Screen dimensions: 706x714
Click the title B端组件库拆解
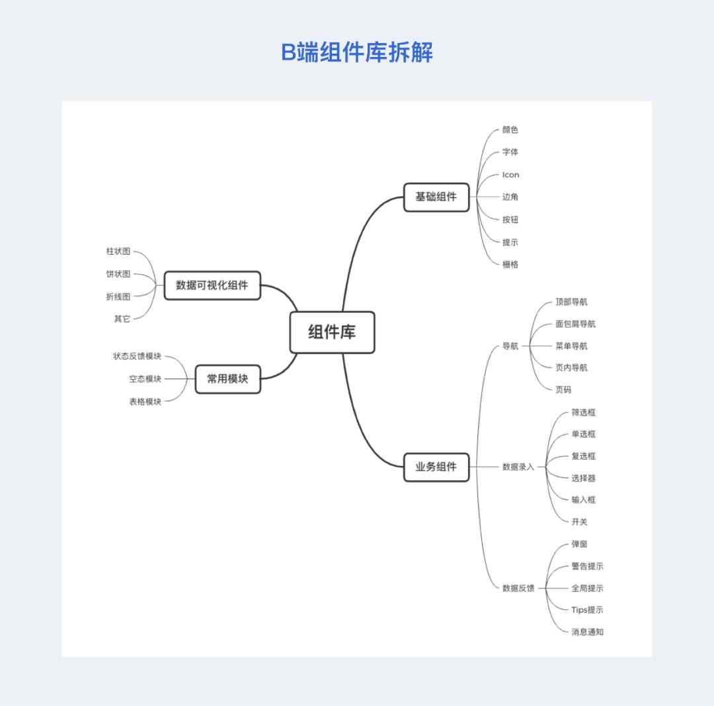(x=357, y=52)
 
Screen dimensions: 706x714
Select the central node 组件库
(x=332, y=332)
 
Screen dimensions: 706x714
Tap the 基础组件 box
(x=436, y=197)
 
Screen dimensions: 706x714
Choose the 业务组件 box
(x=436, y=467)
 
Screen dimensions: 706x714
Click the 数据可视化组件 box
(x=212, y=286)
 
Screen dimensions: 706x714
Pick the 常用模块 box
(x=227, y=379)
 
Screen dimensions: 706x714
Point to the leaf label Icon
(x=510, y=175)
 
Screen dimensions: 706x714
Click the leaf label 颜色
(x=510, y=130)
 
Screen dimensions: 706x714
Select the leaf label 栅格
(x=510, y=264)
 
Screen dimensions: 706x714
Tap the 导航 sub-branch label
(x=510, y=346)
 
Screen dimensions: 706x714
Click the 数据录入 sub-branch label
(x=518, y=467)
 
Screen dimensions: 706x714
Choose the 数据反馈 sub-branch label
(x=518, y=588)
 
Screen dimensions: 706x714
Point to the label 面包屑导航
(x=575, y=324)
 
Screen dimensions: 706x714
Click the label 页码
(x=563, y=390)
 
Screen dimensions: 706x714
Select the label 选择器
(x=583, y=478)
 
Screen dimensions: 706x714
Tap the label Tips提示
(x=587, y=610)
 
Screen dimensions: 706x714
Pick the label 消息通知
(x=587, y=632)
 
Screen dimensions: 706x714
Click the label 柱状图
(x=118, y=251)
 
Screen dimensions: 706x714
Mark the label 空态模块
(x=145, y=379)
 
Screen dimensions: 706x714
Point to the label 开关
(x=579, y=522)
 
